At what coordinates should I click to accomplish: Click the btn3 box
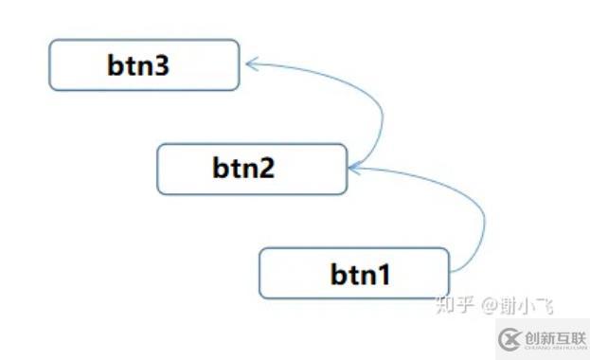pyautogui.click(x=144, y=65)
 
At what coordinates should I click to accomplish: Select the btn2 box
pyautogui.click(x=251, y=170)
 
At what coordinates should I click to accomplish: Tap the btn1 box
pyautogui.click(x=353, y=273)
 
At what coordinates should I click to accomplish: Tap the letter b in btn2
pyautogui.click(x=222, y=170)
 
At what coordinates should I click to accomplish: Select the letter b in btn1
pyautogui.click(x=339, y=275)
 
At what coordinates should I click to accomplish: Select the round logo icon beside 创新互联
pyautogui.click(x=511, y=337)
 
